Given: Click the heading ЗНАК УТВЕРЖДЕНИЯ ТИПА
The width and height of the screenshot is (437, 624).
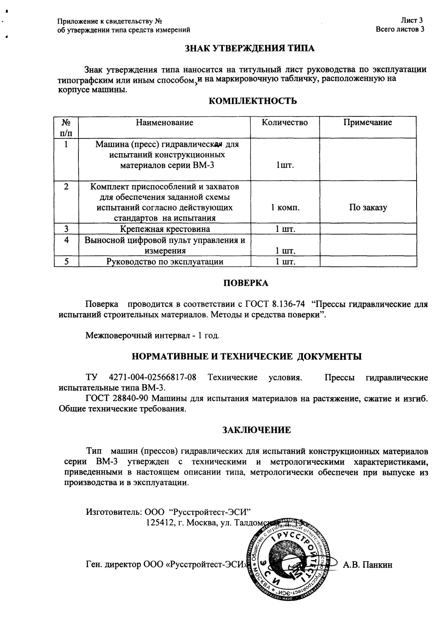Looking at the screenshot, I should [249, 49].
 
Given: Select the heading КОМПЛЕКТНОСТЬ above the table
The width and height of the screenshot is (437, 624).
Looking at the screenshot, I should [253, 101].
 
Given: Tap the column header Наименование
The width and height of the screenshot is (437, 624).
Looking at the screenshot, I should [164, 123].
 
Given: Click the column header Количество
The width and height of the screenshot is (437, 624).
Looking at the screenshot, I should [285, 123].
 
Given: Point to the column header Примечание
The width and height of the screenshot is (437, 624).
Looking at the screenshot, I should [367, 123].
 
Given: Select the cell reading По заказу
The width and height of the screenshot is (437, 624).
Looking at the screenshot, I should [367, 208].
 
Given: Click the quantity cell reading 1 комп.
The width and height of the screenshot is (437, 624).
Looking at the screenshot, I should [285, 208].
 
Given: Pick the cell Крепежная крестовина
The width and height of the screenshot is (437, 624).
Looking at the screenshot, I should [165, 229].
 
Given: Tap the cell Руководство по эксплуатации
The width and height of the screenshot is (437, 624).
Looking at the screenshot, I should [164, 262].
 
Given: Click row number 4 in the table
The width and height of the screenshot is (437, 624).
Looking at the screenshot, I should [66, 240].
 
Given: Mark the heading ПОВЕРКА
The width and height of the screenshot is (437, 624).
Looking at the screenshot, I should [245, 283].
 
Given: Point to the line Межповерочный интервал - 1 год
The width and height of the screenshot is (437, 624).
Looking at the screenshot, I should [152, 335].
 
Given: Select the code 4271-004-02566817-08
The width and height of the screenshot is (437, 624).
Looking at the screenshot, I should [152, 378].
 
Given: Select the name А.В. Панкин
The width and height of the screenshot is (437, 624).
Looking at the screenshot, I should [368, 565].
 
